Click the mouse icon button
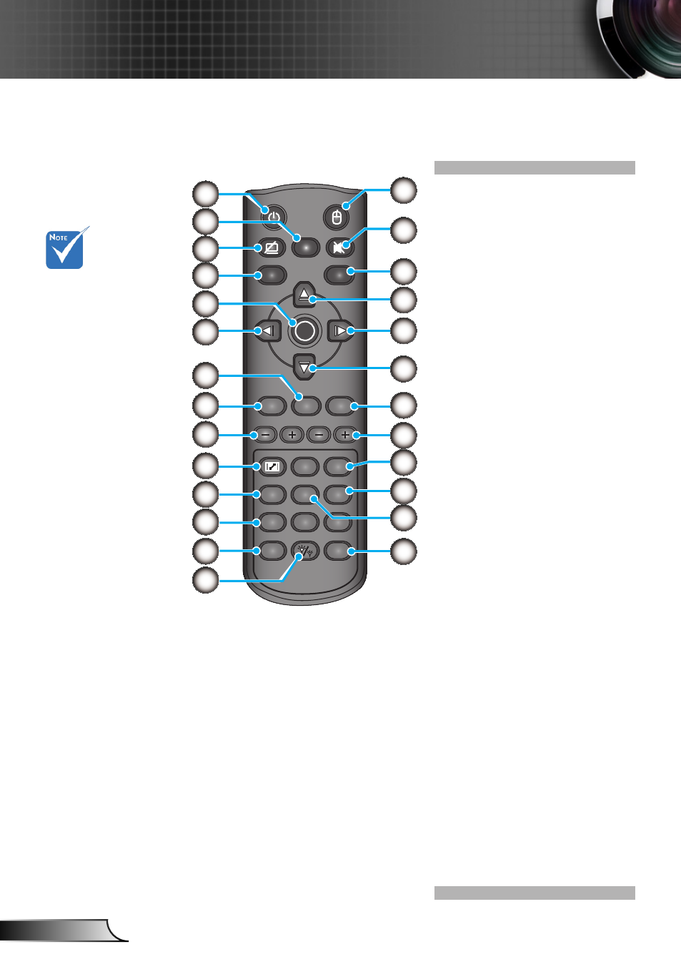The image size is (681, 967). (337, 217)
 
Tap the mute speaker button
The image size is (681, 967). (340, 247)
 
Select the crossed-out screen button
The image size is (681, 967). (272, 247)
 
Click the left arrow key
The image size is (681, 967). (268, 330)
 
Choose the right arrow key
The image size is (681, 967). (341, 330)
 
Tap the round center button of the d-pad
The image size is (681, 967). (304, 330)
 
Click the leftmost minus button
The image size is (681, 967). (266, 435)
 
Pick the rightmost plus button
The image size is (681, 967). (344, 435)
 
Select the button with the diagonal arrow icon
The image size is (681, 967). (272, 466)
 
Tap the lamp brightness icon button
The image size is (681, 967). (305, 551)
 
